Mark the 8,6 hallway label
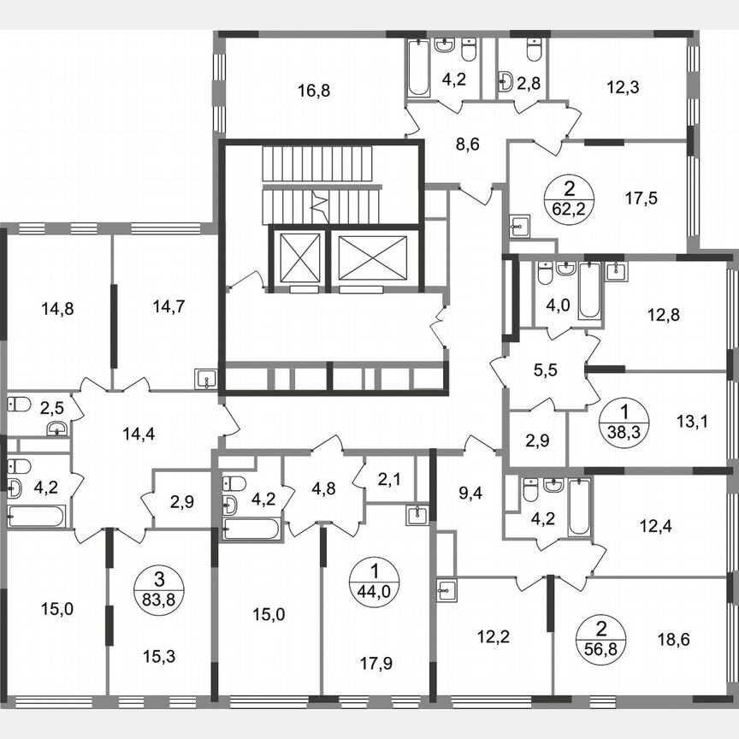pyautogui.click(x=467, y=144)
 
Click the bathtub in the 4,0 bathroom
pyautogui.click(x=590, y=290)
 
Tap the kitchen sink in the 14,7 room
pyautogui.click(x=205, y=378)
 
